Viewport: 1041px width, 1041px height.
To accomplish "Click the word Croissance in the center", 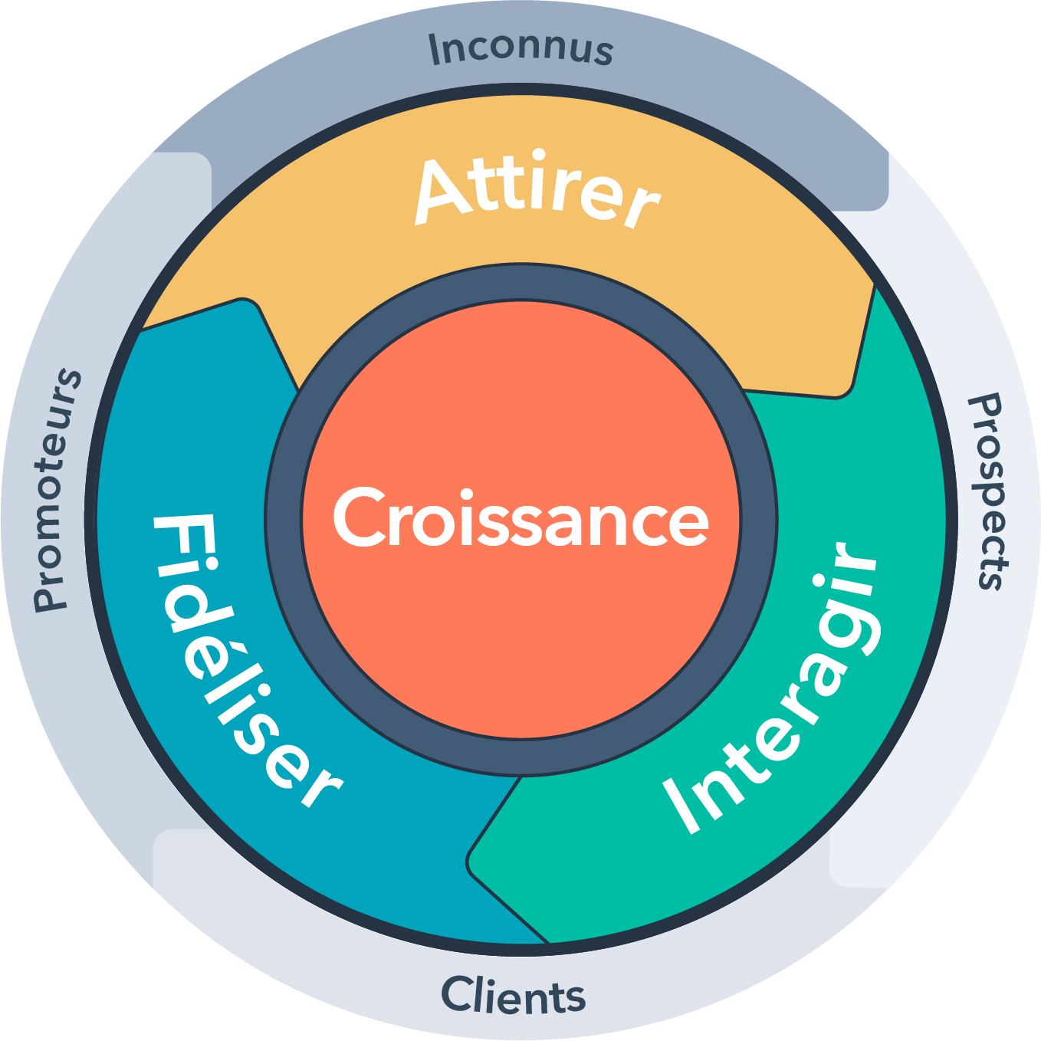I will click(521, 519).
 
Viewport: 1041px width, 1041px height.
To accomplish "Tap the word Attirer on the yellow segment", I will click(537, 192).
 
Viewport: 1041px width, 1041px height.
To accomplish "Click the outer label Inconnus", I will click(521, 48).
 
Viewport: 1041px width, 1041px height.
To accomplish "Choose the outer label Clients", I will click(513, 997).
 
